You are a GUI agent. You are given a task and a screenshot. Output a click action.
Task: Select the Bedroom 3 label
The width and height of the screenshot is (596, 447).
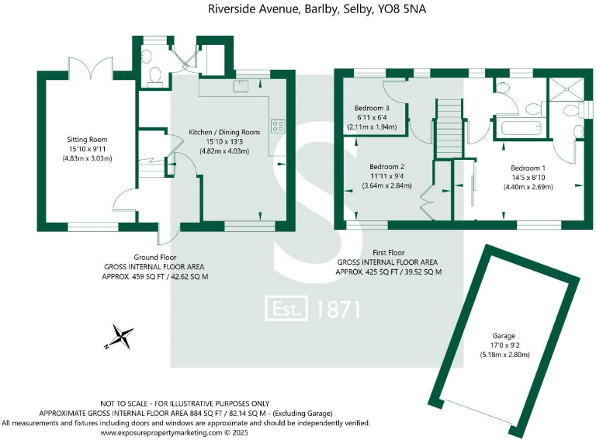[372, 108]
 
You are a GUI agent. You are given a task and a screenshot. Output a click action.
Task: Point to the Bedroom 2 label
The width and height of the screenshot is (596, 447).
[387, 167]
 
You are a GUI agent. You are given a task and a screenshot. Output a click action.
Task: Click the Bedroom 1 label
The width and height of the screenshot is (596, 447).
[528, 168]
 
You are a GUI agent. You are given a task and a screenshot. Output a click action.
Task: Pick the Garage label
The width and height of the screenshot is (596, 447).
[504, 336]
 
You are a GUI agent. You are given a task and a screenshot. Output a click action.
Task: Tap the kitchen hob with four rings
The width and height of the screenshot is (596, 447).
[277, 126]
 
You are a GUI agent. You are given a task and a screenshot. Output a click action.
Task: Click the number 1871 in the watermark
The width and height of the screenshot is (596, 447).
[339, 309]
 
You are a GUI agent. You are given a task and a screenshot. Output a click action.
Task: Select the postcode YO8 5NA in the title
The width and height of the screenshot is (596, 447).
[403, 9]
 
